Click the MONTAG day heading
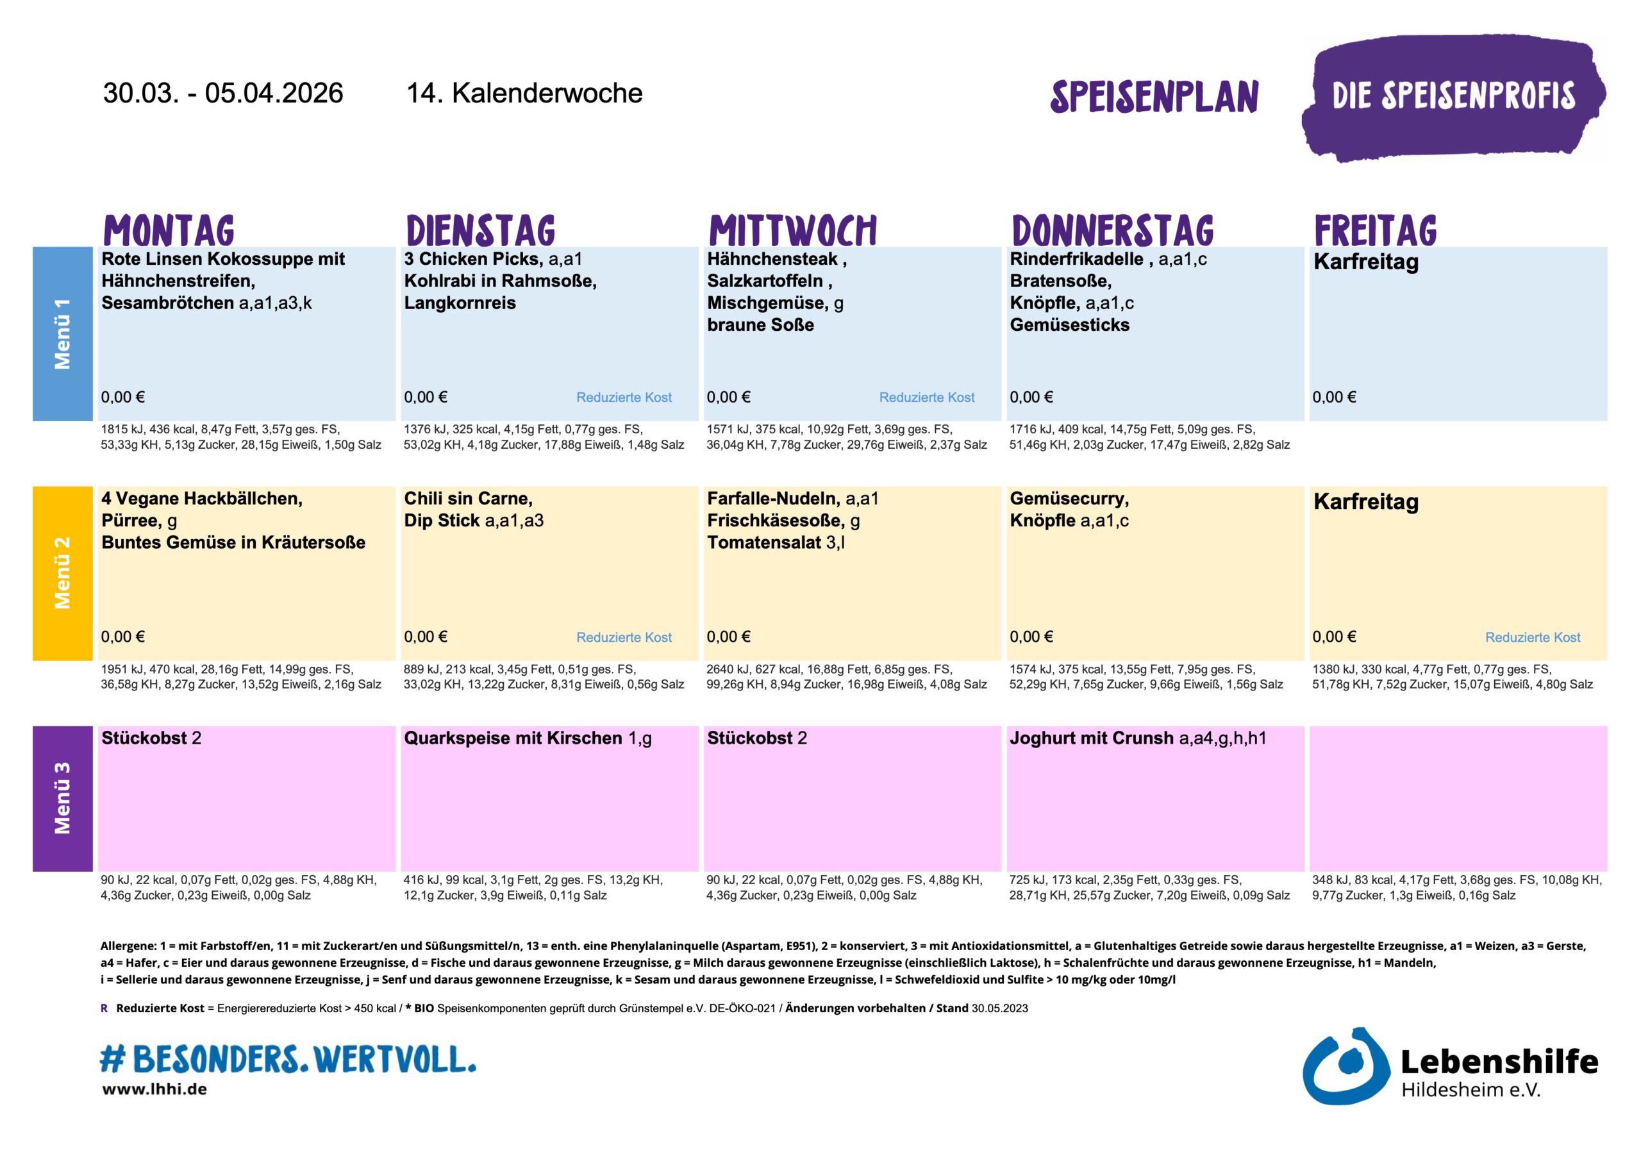(169, 230)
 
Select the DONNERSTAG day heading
(1112, 230)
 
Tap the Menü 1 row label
(62, 334)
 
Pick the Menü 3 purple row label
(62, 798)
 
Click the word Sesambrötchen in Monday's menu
(168, 303)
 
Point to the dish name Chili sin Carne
(467, 498)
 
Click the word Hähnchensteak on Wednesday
(772, 259)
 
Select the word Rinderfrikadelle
(1076, 259)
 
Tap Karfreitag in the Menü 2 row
(1365, 502)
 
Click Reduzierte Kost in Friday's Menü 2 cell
(1533, 637)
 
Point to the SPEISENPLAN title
(1154, 97)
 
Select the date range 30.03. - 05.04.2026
(223, 94)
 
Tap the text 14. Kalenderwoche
(524, 94)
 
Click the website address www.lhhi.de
(154, 1089)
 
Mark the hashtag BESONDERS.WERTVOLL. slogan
(288, 1059)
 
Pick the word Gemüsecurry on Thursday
(1069, 498)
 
